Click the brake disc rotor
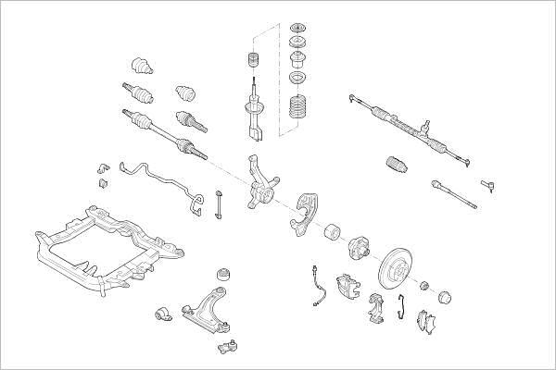399,268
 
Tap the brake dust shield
306,214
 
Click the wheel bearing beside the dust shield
334,232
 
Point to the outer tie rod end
490,190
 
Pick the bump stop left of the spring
248,63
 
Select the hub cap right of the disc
444,296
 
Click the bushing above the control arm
222,275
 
